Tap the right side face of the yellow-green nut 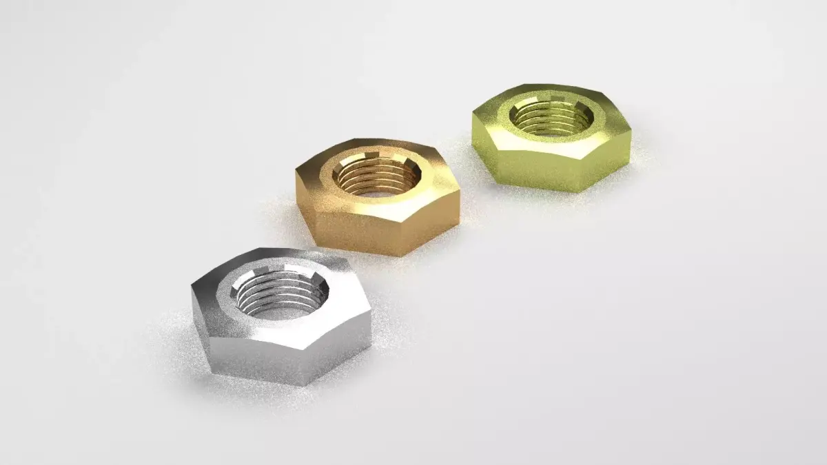point(610,162)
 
